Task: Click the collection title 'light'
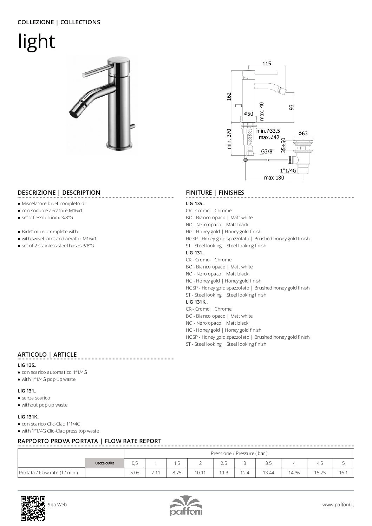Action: click(x=37, y=41)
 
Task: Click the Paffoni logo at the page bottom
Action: click(x=186, y=506)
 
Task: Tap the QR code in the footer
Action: click(x=33, y=508)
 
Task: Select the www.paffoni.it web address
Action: click(x=338, y=505)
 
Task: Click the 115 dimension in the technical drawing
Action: click(x=267, y=64)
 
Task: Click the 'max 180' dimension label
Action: click(x=274, y=178)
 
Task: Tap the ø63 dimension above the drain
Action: click(x=303, y=133)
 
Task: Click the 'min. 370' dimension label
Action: click(x=229, y=139)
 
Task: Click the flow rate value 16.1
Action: click(x=343, y=473)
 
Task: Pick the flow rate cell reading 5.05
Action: click(x=135, y=473)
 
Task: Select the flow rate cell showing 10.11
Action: click(x=200, y=473)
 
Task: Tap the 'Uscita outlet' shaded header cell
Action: click(x=105, y=463)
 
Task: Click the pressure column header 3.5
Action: click(x=268, y=463)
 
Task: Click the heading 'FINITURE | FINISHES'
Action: click(x=215, y=193)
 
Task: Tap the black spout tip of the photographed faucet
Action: click(x=74, y=114)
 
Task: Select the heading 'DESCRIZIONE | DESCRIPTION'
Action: click(x=59, y=193)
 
